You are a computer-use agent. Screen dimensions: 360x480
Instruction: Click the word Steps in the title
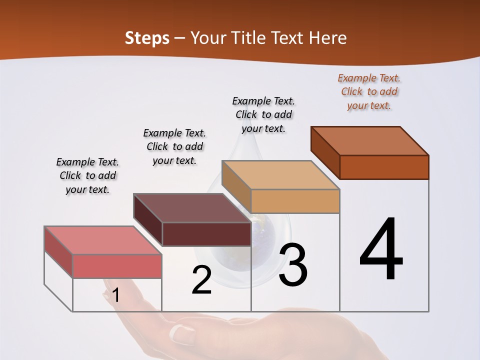[x=147, y=38]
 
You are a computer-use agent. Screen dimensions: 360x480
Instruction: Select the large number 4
[x=381, y=249]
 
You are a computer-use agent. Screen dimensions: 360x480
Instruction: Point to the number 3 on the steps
[x=292, y=265]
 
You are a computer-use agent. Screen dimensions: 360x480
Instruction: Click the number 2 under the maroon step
[x=201, y=280]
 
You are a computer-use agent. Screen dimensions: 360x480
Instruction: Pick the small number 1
[x=115, y=295]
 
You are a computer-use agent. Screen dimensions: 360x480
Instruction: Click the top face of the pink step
[x=102, y=240]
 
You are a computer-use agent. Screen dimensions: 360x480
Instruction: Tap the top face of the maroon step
[x=192, y=208]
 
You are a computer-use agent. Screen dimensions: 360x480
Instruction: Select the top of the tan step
[x=280, y=175]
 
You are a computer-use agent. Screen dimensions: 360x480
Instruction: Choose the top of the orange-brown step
[x=369, y=141]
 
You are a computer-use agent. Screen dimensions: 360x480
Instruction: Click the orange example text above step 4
[x=369, y=92]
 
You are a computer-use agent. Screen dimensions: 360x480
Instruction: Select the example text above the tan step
[x=264, y=114]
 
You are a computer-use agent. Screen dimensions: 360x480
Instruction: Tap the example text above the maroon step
[x=174, y=146]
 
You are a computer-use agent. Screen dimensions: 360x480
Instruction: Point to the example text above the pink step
[x=87, y=175]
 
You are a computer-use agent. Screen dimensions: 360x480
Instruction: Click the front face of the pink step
[x=117, y=266]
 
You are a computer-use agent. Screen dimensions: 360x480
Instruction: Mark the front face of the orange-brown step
[x=384, y=167]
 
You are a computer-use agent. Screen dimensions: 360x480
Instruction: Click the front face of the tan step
[x=295, y=201]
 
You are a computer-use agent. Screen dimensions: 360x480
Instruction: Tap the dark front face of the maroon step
[x=206, y=234]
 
